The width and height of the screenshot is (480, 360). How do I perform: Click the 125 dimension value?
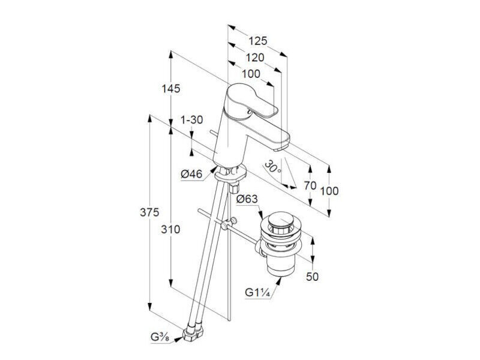(258, 41)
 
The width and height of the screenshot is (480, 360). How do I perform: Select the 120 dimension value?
(255, 58)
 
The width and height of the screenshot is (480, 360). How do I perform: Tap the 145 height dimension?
(171, 89)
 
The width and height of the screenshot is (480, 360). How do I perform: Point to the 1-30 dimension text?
(192, 119)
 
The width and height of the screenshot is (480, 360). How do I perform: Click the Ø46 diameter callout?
(191, 174)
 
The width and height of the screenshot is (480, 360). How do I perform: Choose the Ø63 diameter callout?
(247, 199)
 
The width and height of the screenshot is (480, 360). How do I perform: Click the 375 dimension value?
(149, 212)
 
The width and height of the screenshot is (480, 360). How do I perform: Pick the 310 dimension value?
(171, 229)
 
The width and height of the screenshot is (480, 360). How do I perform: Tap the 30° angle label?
(272, 167)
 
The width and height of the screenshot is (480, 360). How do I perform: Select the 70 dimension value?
(310, 185)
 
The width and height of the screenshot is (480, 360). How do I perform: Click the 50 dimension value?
(312, 277)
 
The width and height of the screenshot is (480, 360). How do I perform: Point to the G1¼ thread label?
(257, 293)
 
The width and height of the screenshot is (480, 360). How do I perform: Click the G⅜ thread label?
(160, 337)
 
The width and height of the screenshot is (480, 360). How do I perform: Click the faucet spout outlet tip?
(279, 148)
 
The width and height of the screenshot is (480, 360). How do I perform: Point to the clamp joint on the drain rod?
(229, 223)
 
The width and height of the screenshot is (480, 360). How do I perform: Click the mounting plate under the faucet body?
(230, 173)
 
